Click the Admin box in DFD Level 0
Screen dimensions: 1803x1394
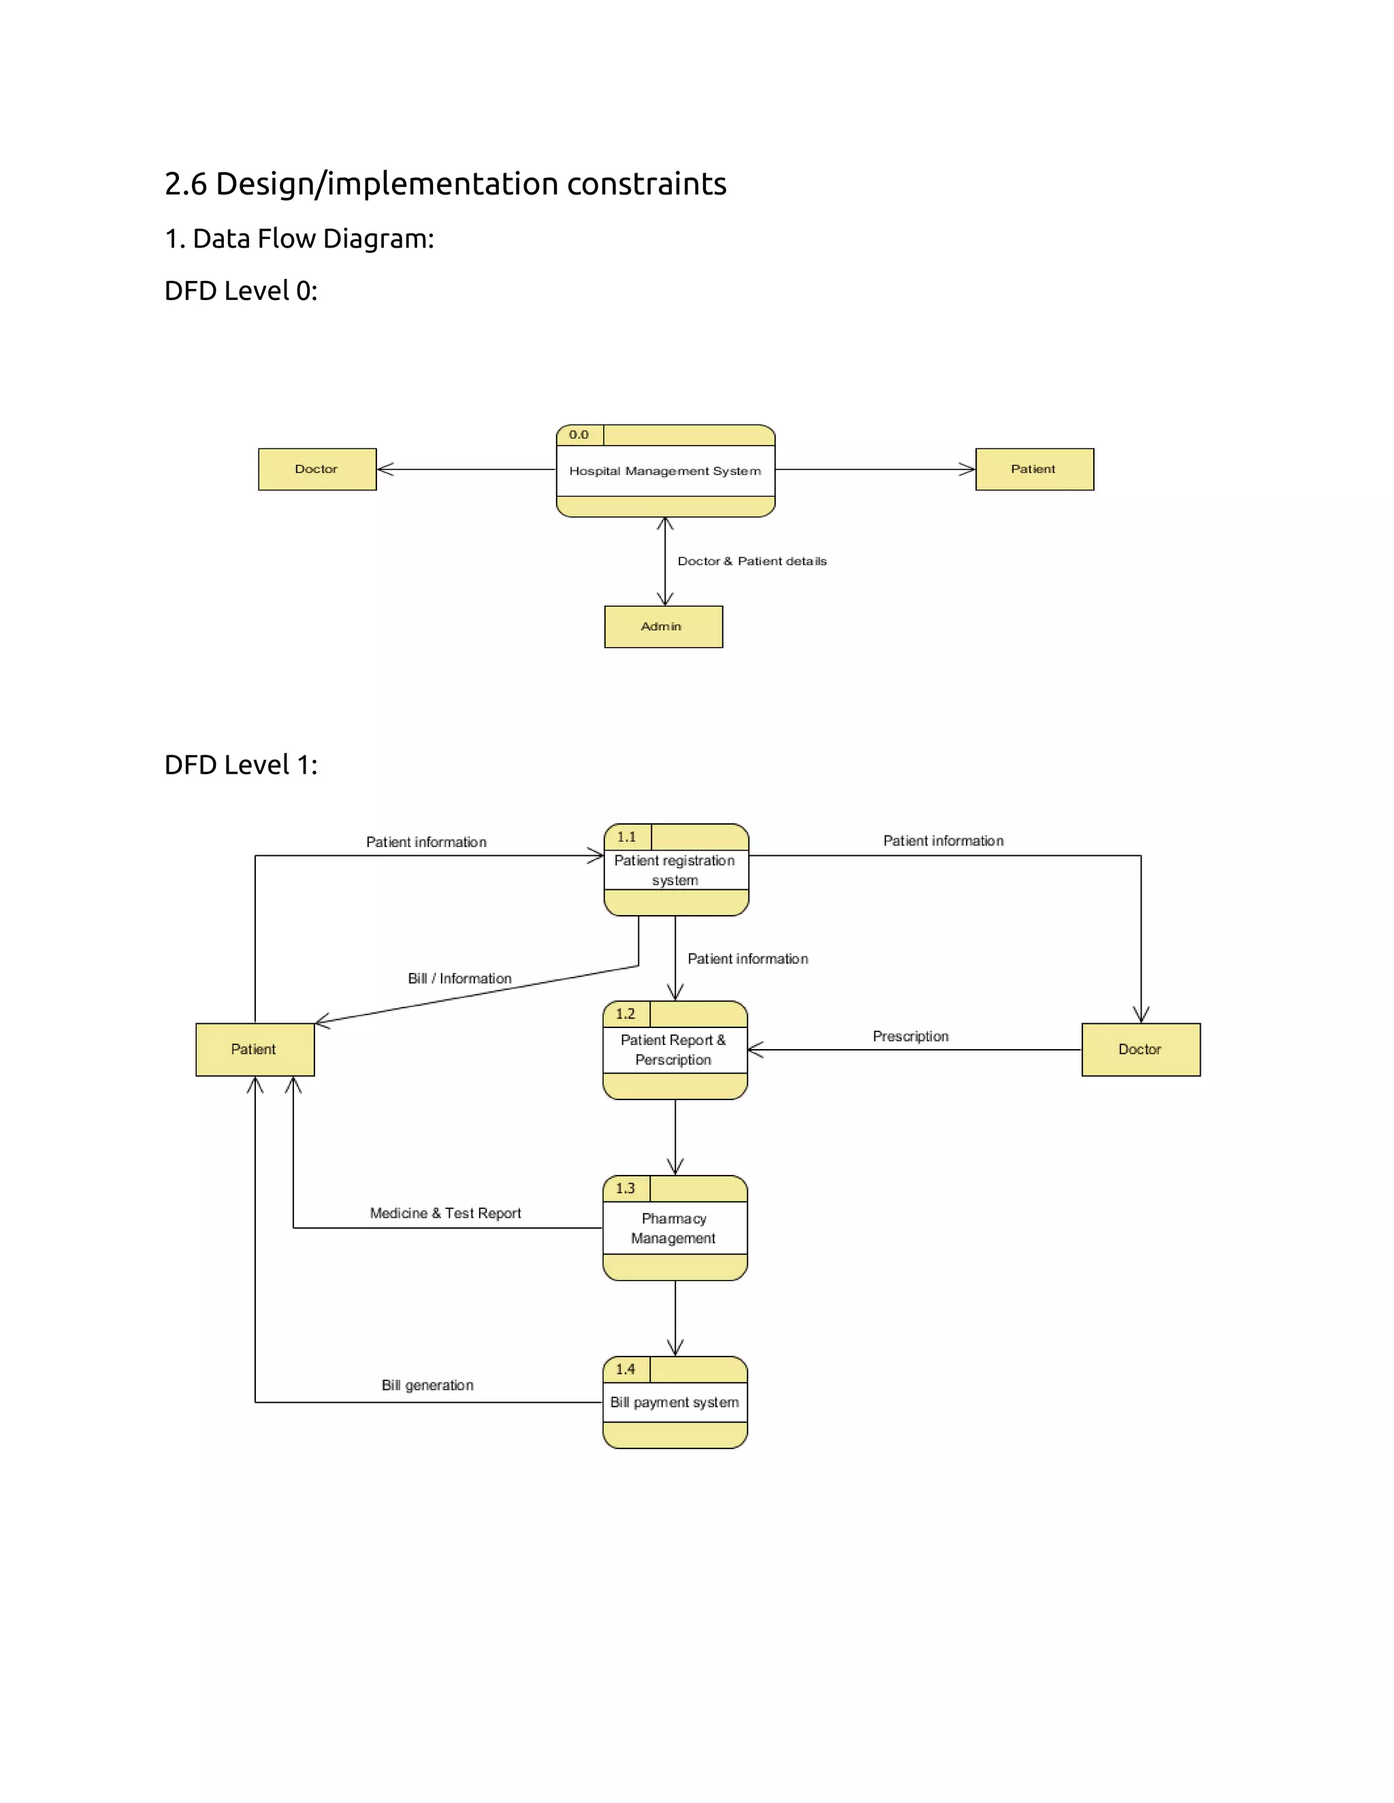click(x=663, y=627)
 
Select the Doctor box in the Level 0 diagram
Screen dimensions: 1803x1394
click(x=317, y=469)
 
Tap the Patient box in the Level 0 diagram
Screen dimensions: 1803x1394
click(x=1034, y=469)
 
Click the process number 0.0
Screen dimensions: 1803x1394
click(x=579, y=435)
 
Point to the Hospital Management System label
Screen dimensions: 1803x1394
click(x=665, y=471)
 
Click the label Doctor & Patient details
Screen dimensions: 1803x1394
click(x=751, y=561)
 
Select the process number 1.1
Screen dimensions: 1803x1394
click(x=627, y=837)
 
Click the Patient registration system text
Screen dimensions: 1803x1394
click(x=675, y=870)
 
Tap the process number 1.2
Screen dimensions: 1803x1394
click(x=625, y=1014)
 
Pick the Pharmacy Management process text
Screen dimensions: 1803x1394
click(x=674, y=1228)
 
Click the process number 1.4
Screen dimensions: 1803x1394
click(x=625, y=1370)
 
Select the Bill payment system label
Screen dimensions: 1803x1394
click(x=674, y=1403)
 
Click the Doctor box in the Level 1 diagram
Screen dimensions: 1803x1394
click(x=1141, y=1049)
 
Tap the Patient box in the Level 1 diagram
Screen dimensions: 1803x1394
click(x=255, y=1049)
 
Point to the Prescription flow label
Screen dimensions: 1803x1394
click(x=910, y=1036)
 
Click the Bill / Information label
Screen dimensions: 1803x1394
click(x=459, y=978)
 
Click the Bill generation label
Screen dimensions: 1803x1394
click(x=427, y=1385)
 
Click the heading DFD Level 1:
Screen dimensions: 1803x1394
click(x=240, y=765)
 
